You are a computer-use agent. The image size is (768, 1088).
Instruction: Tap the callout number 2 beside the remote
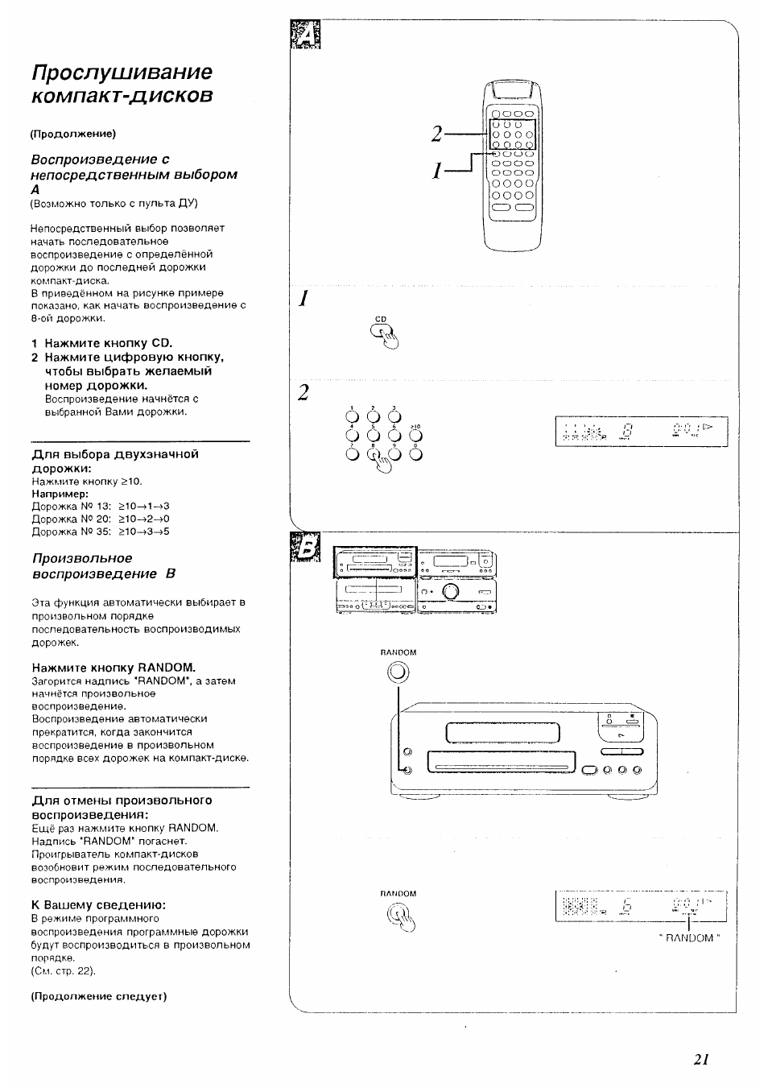click(436, 134)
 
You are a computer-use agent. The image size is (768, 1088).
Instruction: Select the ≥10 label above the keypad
click(415, 426)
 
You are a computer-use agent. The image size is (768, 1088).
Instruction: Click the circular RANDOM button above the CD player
click(398, 672)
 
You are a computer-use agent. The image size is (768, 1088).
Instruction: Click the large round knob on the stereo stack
click(450, 593)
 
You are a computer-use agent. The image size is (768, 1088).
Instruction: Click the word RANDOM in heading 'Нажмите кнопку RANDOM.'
click(166, 667)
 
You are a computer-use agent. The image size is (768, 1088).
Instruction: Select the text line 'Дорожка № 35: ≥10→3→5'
click(101, 532)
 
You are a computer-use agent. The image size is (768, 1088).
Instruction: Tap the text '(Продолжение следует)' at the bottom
click(98, 996)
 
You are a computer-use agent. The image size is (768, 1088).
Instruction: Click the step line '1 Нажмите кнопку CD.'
click(102, 342)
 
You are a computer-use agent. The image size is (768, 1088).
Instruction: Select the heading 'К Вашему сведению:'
click(98, 904)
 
